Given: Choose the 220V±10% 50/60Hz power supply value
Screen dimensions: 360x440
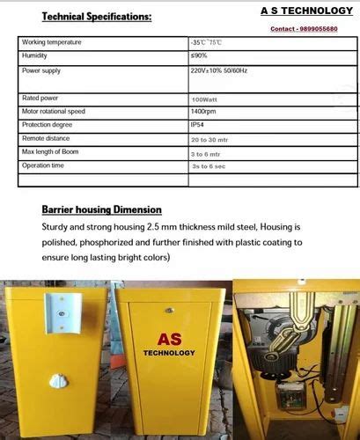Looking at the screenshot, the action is (218, 70).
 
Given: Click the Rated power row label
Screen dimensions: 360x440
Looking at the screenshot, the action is (40, 99).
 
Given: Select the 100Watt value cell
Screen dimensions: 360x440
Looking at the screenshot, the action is (205, 99).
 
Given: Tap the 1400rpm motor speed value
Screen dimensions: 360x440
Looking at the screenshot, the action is (204, 112).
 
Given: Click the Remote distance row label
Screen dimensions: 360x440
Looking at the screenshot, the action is (45, 138).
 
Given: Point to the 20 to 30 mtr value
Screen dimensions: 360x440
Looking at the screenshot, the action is (210, 139).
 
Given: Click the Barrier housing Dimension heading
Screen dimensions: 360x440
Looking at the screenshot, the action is (101, 210).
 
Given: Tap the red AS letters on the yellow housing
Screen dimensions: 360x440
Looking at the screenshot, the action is (169, 339).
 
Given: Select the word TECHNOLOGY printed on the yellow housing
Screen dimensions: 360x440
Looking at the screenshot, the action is (169, 354).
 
